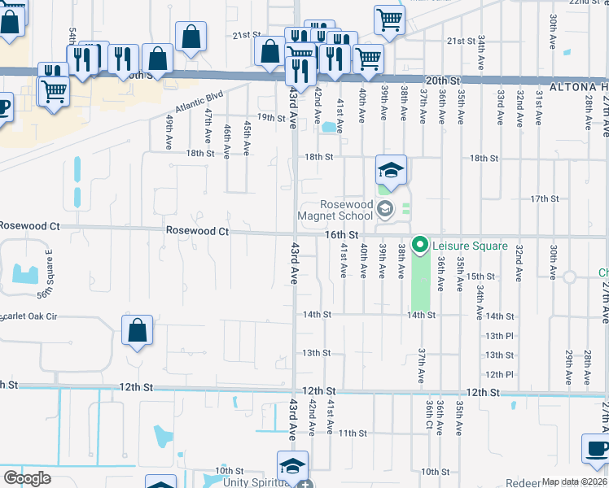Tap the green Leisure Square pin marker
420,243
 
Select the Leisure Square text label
470,246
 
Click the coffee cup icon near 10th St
595,449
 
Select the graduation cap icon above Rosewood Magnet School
391,170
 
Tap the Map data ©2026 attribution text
574,481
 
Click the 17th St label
544,198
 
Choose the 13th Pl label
499,335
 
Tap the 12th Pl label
499,374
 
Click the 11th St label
353,433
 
